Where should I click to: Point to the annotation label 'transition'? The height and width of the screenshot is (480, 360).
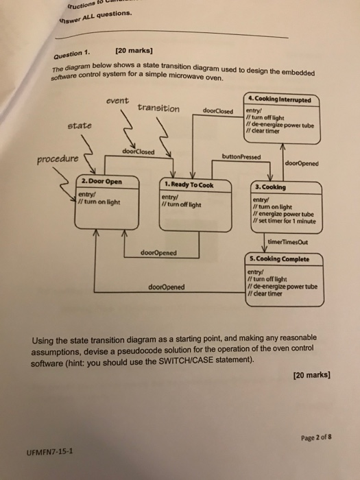[x=158, y=108]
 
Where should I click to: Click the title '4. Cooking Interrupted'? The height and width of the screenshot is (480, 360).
[x=283, y=99]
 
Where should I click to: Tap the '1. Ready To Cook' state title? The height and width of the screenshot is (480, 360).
[x=189, y=185]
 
